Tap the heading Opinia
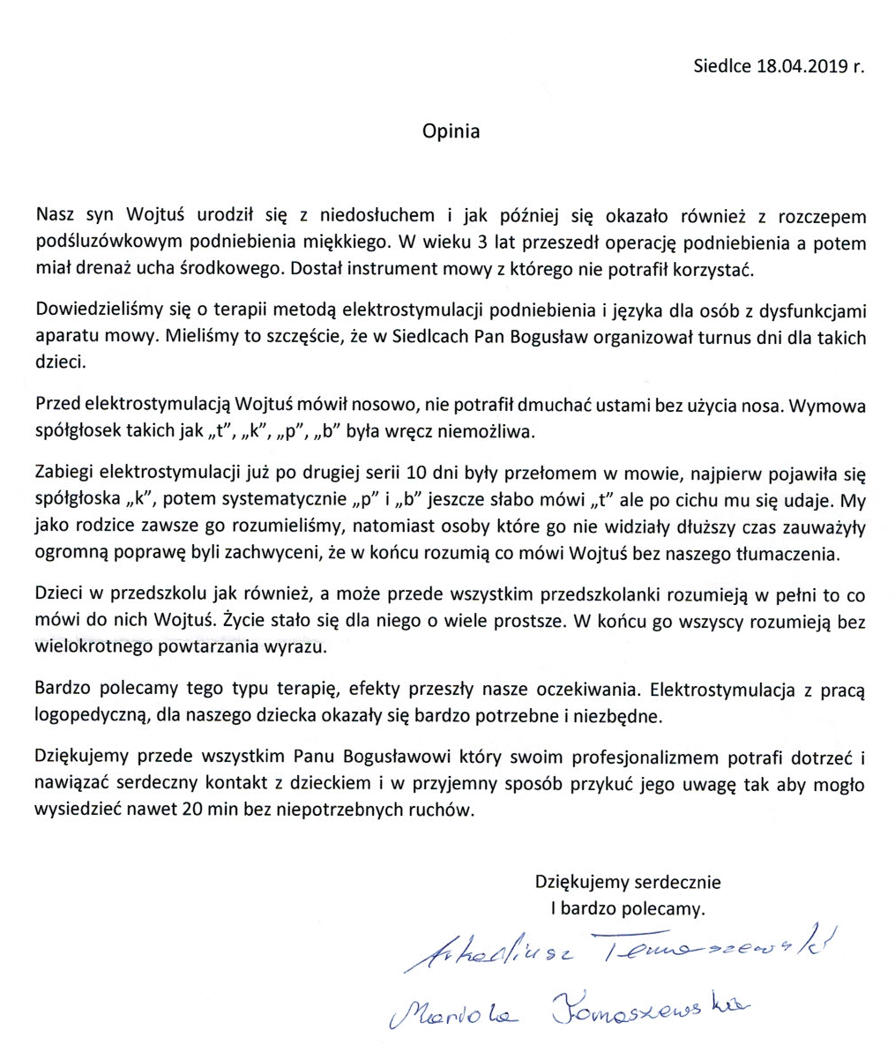pos(451,131)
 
